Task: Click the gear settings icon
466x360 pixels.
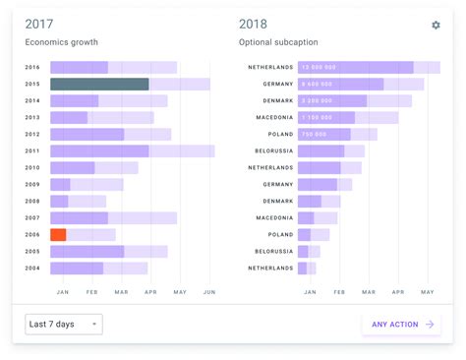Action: click(x=436, y=25)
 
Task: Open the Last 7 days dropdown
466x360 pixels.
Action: click(x=63, y=324)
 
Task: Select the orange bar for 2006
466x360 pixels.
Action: click(x=58, y=234)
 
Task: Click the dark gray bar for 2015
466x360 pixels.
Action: click(x=99, y=85)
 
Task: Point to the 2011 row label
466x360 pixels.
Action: click(x=32, y=151)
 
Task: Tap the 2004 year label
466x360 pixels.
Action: click(x=32, y=268)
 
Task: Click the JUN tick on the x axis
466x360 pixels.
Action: click(x=209, y=291)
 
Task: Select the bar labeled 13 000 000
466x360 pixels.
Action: click(x=355, y=67)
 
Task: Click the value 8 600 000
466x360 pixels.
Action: click(x=320, y=85)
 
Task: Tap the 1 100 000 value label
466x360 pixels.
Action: click(x=320, y=118)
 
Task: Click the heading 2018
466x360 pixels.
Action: click(x=253, y=24)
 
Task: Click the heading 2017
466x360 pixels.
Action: click(x=39, y=24)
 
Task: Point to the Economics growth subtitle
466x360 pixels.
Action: click(x=61, y=42)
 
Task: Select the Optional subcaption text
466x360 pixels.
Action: click(x=277, y=42)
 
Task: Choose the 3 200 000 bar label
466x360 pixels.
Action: click(x=320, y=101)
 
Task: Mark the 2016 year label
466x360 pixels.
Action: click(x=32, y=68)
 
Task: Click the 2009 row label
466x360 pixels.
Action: click(x=32, y=184)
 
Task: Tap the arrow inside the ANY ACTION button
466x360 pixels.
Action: click(x=430, y=324)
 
